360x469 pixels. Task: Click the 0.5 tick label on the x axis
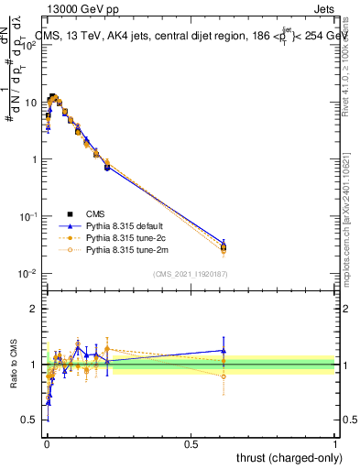[x=191, y=443]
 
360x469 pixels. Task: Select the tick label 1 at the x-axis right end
[x=334, y=443]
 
